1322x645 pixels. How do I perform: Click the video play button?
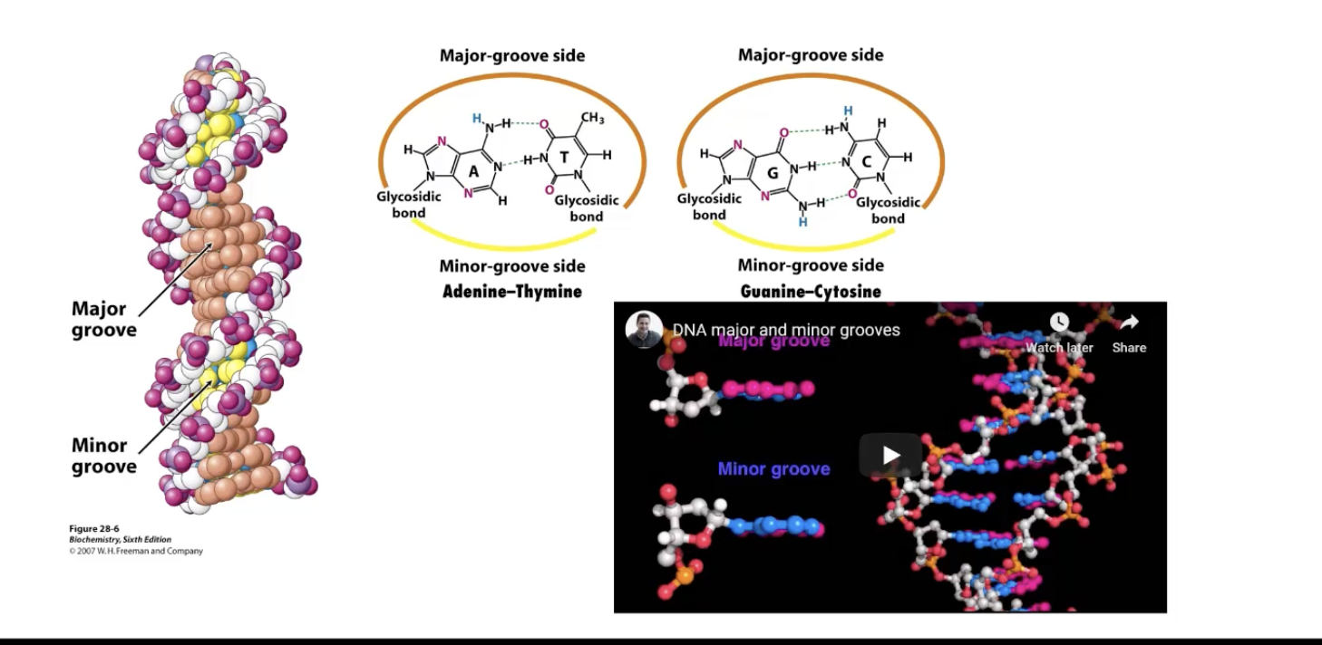tap(890, 455)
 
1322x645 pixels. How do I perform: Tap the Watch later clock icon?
tap(1059, 322)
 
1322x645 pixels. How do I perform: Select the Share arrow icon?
tap(1129, 322)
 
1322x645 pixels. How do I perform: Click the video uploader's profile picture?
tap(644, 330)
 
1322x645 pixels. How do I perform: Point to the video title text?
tap(786, 330)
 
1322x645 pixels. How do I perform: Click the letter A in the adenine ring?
tap(472, 170)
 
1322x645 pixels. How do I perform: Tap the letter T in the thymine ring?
tap(564, 158)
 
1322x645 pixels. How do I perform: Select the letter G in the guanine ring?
tap(772, 171)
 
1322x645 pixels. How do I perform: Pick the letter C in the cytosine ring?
tap(867, 162)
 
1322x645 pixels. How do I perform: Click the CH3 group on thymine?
tap(592, 118)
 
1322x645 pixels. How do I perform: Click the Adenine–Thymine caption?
tap(512, 292)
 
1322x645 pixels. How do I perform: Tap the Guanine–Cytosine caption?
tap(811, 292)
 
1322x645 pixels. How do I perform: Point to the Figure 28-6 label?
tap(94, 528)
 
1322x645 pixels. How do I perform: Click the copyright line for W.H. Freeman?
tap(136, 551)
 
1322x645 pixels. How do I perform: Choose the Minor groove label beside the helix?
tap(104, 456)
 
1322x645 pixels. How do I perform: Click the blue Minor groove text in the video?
tap(773, 468)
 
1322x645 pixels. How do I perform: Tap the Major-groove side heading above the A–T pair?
tap(512, 55)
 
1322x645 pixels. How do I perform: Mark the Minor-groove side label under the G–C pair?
tap(811, 265)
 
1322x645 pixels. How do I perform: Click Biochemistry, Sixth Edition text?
tap(121, 539)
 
